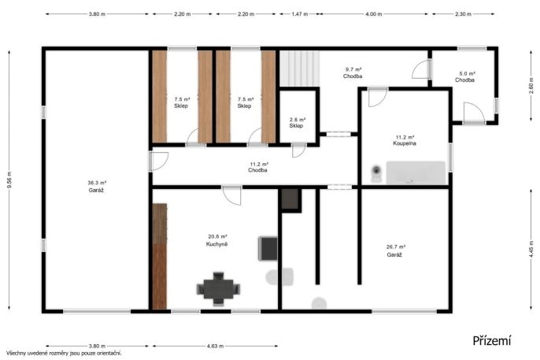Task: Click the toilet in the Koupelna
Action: click(x=376, y=173)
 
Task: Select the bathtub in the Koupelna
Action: click(x=416, y=173)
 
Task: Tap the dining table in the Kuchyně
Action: click(x=218, y=289)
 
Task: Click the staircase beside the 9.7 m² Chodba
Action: click(x=299, y=69)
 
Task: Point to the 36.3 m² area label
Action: click(x=97, y=183)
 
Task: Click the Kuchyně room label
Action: click(x=216, y=244)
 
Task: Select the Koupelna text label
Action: click(x=405, y=143)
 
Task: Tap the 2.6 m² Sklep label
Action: click(x=297, y=123)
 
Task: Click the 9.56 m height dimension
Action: click(x=9, y=180)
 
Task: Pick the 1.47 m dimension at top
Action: click(x=300, y=14)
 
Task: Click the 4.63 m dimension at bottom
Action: click(x=215, y=346)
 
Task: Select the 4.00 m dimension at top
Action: click(x=374, y=14)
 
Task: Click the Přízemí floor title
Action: click(x=492, y=341)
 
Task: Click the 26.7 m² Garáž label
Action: click(x=395, y=251)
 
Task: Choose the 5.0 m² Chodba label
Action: click(x=465, y=77)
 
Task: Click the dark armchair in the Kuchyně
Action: click(x=268, y=248)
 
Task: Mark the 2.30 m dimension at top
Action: click(x=463, y=14)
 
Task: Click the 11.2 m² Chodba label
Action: click(x=258, y=167)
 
